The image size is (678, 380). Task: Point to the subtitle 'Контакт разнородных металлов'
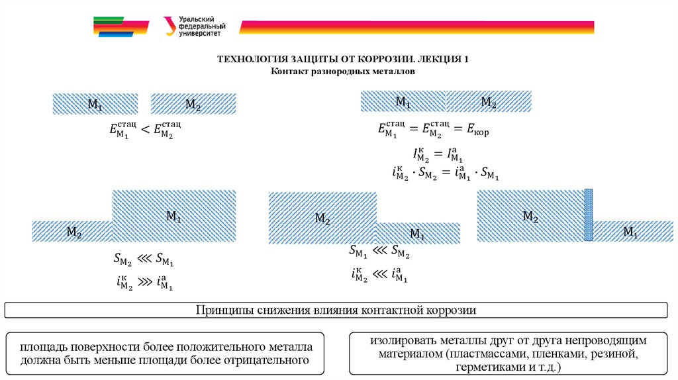[343, 70]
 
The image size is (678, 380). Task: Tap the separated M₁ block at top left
[95, 104]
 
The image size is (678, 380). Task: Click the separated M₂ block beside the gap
[193, 104]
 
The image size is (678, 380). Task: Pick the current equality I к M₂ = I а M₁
[436, 156]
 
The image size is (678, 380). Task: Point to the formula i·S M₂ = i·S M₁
[445, 174]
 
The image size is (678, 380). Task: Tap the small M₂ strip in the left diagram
[72, 231]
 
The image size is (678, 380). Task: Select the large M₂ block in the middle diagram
[322, 218]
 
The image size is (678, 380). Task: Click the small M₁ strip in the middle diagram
[418, 233]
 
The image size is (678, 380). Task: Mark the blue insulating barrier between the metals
[588, 215]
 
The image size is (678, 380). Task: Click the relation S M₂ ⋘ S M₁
[144, 260]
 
